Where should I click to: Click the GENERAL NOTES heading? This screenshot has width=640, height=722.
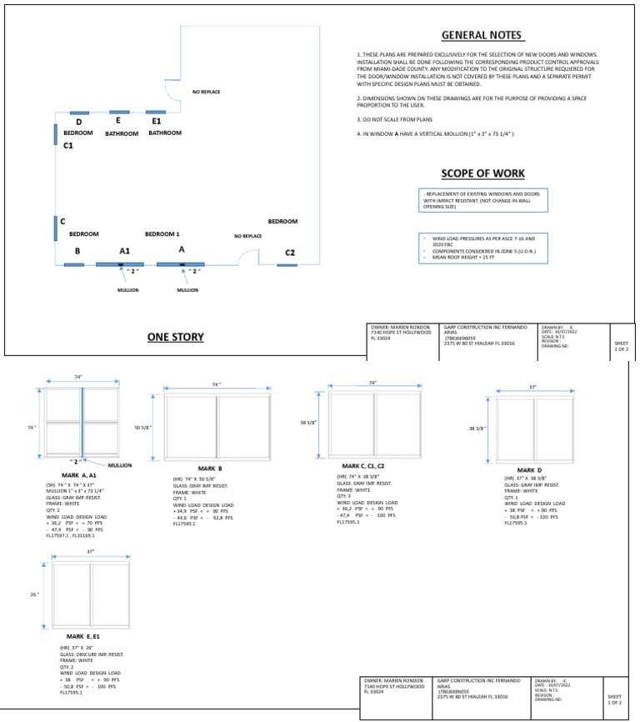[x=482, y=36]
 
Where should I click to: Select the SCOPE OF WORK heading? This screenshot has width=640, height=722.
[x=482, y=174]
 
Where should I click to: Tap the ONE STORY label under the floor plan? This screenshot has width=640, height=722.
[x=176, y=337]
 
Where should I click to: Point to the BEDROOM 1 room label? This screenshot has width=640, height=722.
[x=162, y=234]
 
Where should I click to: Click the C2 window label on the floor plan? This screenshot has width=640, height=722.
[x=289, y=253]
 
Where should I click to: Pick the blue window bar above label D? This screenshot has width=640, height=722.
[x=79, y=113]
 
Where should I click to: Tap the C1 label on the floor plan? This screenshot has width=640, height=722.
[x=68, y=145]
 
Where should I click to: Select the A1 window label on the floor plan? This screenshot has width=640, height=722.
[x=124, y=250]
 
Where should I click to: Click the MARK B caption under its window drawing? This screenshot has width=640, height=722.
[x=209, y=468]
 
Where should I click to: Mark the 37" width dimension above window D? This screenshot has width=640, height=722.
[x=532, y=387]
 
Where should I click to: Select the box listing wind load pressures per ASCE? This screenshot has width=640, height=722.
[x=482, y=248]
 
